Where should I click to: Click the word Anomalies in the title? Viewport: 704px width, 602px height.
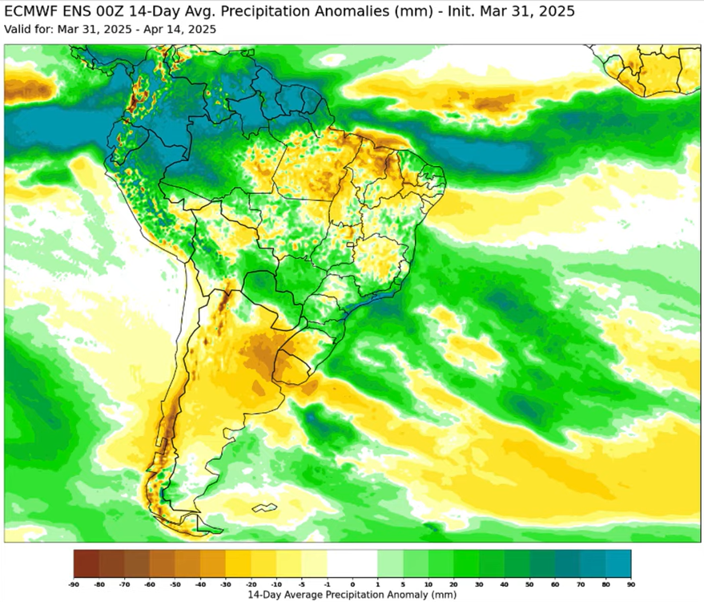click(x=318, y=12)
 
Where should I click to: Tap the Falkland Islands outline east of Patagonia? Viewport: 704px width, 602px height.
click(x=264, y=507)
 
